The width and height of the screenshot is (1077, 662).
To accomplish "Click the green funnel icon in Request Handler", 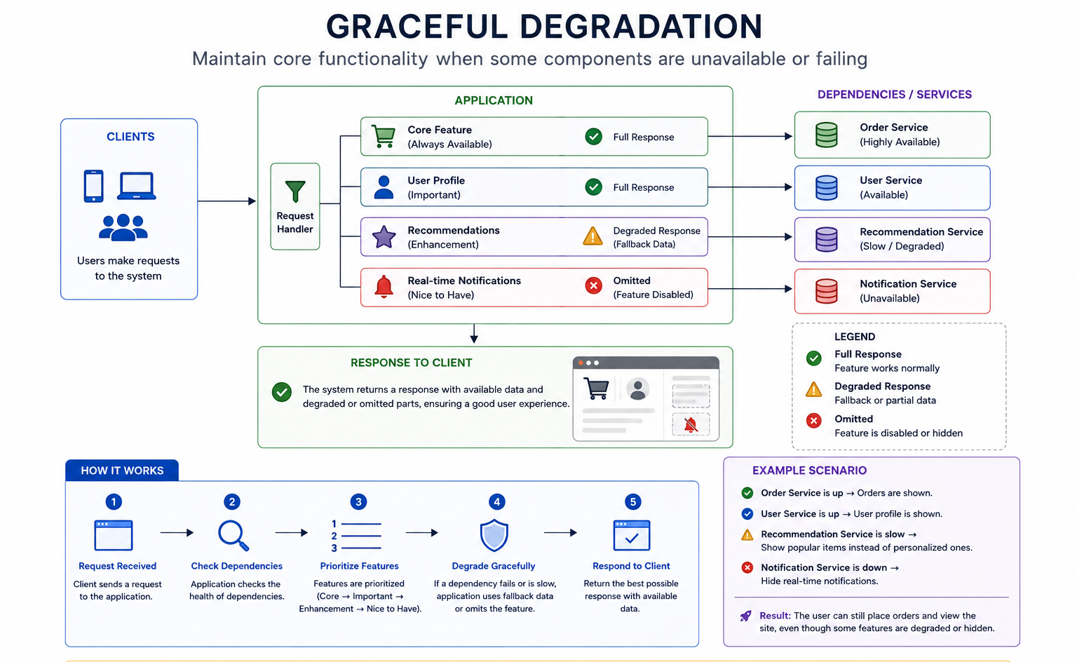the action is click(x=295, y=191).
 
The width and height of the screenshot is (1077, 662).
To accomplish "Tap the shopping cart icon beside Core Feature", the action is click(x=384, y=136).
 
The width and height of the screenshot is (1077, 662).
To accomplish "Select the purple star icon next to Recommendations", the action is click(x=384, y=236).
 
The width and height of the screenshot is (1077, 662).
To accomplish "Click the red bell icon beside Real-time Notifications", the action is click(x=384, y=287).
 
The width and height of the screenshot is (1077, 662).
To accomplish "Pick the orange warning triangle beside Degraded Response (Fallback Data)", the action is click(x=592, y=236).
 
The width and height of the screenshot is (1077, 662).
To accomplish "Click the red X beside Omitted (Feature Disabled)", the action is click(x=594, y=285).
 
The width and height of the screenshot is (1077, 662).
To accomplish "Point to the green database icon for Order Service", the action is click(x=827, y=135).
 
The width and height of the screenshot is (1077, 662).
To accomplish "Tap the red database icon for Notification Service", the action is click(x=827, y=291).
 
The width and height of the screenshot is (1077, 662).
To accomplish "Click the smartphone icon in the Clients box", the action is click(x=93, y=186).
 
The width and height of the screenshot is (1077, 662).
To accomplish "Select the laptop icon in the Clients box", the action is click(x=137, y=186).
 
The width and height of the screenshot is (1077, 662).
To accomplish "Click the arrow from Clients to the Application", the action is click(x=226, y=201).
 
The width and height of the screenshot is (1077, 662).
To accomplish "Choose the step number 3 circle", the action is click(x=358, y=502).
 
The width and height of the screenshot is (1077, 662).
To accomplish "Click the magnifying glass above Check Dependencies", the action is click(x=233, y=535).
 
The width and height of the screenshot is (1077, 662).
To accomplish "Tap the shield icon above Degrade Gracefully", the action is click(x=494, y=535).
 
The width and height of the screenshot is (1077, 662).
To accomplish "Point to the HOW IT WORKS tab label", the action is click(x=122, y=471).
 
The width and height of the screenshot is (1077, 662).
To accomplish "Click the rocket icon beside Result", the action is click(x=746, y=616).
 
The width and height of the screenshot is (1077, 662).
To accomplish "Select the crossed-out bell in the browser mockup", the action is click(x=691, y=424).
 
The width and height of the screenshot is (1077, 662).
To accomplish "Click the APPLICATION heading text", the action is click(x=494, y=100).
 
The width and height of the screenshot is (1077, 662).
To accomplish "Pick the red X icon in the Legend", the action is click(x=813, y=421).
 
